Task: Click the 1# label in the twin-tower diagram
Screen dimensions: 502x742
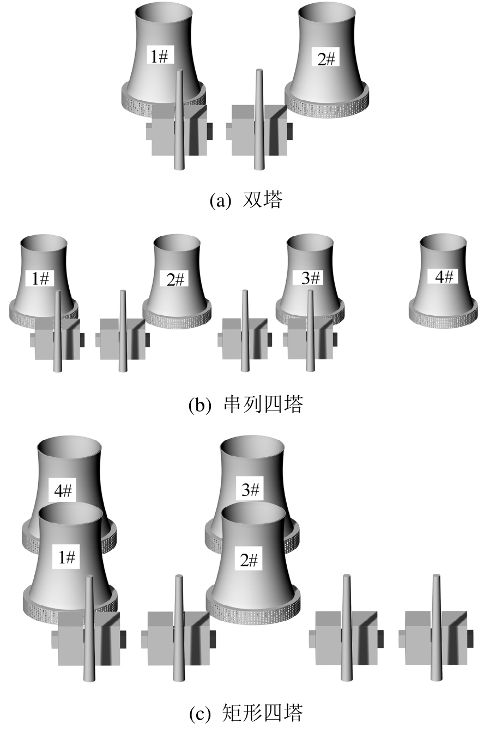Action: pyautogui.click(x=160, y=57)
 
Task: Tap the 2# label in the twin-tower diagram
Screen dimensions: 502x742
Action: pyautogui.click(x=326, y=59)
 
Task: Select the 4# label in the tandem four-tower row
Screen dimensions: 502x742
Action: pyautogui.click(x=444, y=277)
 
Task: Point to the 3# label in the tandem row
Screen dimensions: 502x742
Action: pyautogui.click(x=311, y=278)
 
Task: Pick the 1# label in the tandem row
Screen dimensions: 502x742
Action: pyautogui.click(x=40, y=279)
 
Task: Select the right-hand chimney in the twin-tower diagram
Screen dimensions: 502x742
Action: pyautogui.click(x=258, y=120)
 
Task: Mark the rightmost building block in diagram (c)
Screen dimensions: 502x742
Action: pyautogui.click(x=436, y=639)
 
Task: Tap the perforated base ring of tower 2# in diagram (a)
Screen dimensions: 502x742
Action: pyautogui.click(x=326, y=103)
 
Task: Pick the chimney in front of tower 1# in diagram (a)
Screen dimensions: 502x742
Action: pyautogui.click(x=179, y=120)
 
